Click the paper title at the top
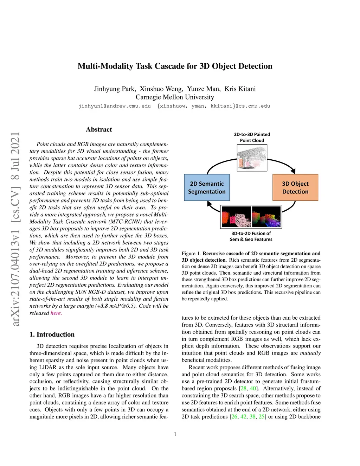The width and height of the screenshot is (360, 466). (175, 66)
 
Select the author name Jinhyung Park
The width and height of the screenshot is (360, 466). (115, 89)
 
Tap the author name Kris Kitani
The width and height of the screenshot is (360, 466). (240, 89)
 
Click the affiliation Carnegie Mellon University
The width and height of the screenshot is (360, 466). (175, 97)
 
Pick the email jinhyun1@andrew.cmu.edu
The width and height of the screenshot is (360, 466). (115, 106)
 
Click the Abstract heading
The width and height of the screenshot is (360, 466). (99, 129)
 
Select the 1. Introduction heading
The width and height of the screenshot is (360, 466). (52, 334)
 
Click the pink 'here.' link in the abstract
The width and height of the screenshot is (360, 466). (56, 313)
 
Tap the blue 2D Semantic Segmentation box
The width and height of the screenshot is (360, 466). (207, 187)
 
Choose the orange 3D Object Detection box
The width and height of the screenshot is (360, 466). (295, 187)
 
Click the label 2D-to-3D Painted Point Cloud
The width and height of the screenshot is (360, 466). (252, 137)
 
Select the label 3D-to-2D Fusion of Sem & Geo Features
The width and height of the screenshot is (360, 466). (251, 236)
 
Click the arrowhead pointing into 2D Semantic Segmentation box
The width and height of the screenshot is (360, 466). (210, 204)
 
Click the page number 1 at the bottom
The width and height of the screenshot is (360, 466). (175, 434)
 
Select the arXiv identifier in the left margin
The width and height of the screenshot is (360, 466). (15, 229)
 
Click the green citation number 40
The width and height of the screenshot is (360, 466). (253, 388)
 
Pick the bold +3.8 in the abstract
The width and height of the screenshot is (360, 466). (102, 306)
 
